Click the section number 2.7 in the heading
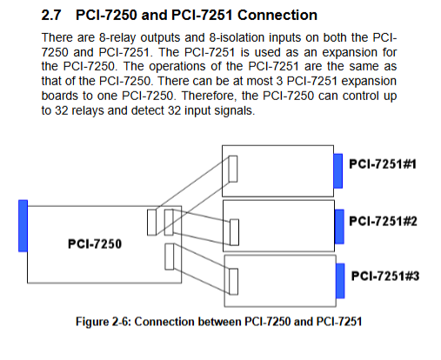coord(51,15)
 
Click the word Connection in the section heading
coord(277,15)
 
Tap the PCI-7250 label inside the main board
coord(95,243)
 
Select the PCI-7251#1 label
coord(383,164)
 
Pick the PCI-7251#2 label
coord(383,221)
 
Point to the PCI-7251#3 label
coord(385,276)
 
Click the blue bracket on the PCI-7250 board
coord(23,226)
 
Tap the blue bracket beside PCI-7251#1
coord(338,171)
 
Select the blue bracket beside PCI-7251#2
coord(339,227)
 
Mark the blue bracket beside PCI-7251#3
coord(340,281)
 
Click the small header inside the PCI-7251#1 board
coord(233,169)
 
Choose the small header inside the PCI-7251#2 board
coord(234,232)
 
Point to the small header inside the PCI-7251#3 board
coord(234,282)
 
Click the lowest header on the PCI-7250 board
coord(170,257)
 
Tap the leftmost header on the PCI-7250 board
coord(151,223)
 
